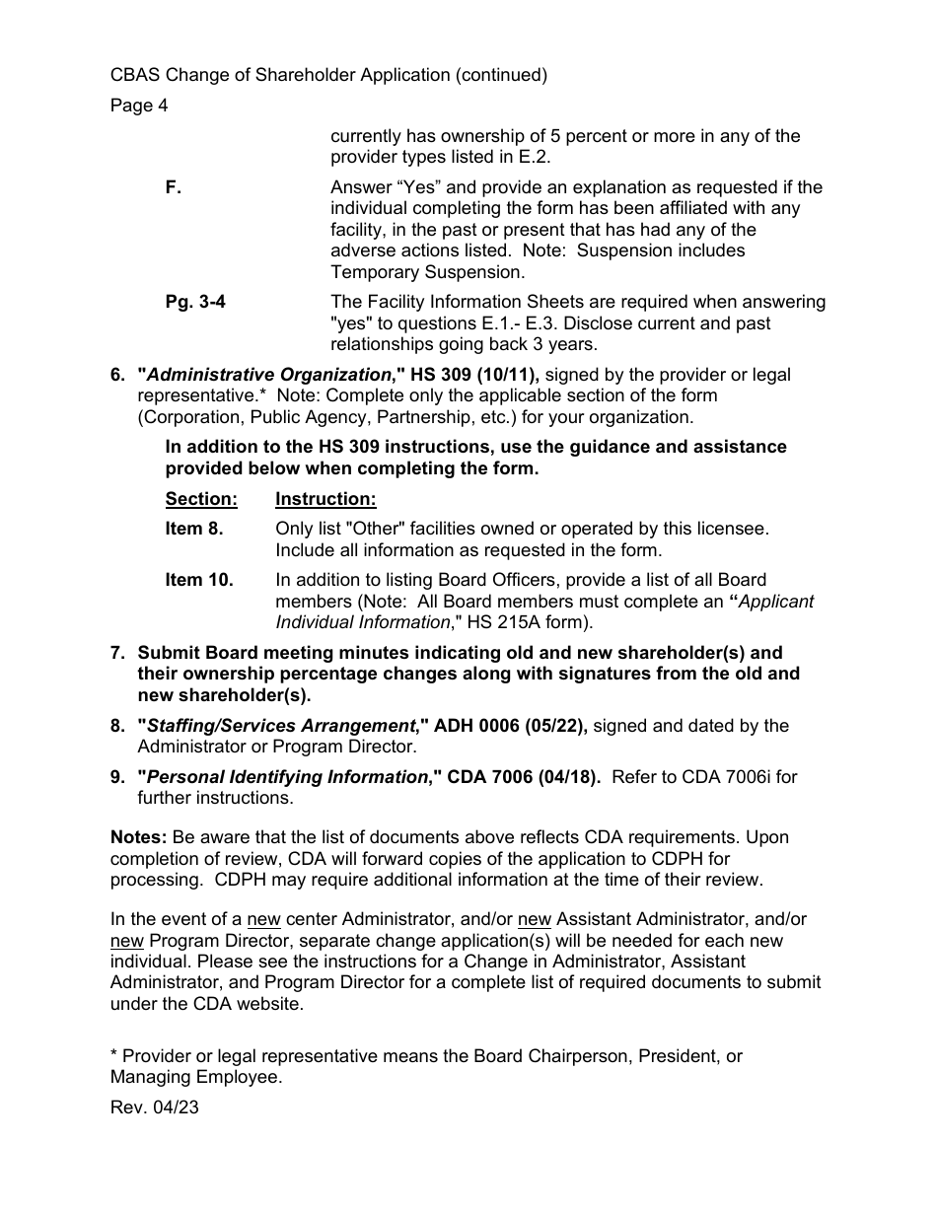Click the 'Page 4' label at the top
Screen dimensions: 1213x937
[139, 106]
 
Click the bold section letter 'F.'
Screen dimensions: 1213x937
[174, 187]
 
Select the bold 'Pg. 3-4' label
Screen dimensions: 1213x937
[195, 302]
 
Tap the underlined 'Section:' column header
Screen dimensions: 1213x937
[201, 499]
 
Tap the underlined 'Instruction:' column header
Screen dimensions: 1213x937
[325, 499]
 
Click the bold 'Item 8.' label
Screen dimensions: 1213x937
[194, 529]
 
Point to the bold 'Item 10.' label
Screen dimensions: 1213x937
[199, 580]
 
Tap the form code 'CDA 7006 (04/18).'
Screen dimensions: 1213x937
[524, 777]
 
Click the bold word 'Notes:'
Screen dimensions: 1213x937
[138, 837]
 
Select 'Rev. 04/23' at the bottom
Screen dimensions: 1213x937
[155, 1106]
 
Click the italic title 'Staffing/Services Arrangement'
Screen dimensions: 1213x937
[280, 726]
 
